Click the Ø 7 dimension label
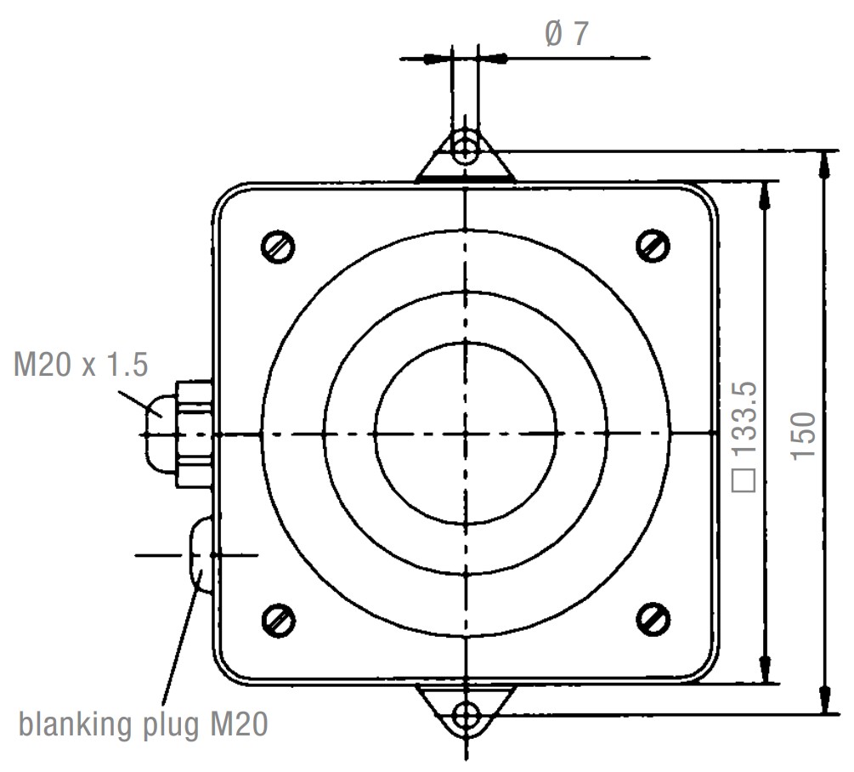coord(567,34)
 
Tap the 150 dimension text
coord(804,436)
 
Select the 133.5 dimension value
coord(744,419)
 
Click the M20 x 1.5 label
coord(81,364)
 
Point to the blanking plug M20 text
coord(144,725)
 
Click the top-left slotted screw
coord(279,247)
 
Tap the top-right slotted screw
coord(653,246)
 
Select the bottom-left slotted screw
coord(279,621)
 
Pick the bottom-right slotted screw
coord(653,620)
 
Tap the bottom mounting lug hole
coord(466,716)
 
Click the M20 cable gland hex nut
coord(194,434)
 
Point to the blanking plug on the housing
coord(201,555)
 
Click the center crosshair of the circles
coord(465,434)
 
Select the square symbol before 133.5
coord(744,480)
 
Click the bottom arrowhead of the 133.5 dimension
coord(766,670)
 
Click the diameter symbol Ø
coord(553,34)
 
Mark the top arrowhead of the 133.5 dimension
coord(766,195)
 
